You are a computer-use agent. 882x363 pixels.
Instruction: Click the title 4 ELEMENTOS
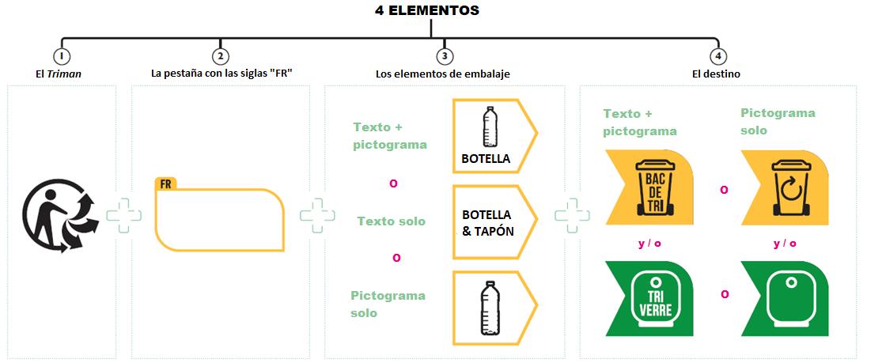426,11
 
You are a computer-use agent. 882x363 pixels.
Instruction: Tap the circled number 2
221,56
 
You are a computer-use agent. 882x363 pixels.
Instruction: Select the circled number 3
444,56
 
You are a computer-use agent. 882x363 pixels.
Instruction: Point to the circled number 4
717,56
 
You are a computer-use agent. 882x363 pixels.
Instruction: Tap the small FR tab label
166,183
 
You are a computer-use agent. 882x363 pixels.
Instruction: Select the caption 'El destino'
717,74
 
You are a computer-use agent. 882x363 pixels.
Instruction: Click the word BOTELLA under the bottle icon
486,159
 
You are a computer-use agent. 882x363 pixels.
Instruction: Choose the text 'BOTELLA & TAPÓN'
486,223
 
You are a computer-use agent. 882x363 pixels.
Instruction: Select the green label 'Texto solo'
391,221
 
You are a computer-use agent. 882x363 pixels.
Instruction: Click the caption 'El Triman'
60,74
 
